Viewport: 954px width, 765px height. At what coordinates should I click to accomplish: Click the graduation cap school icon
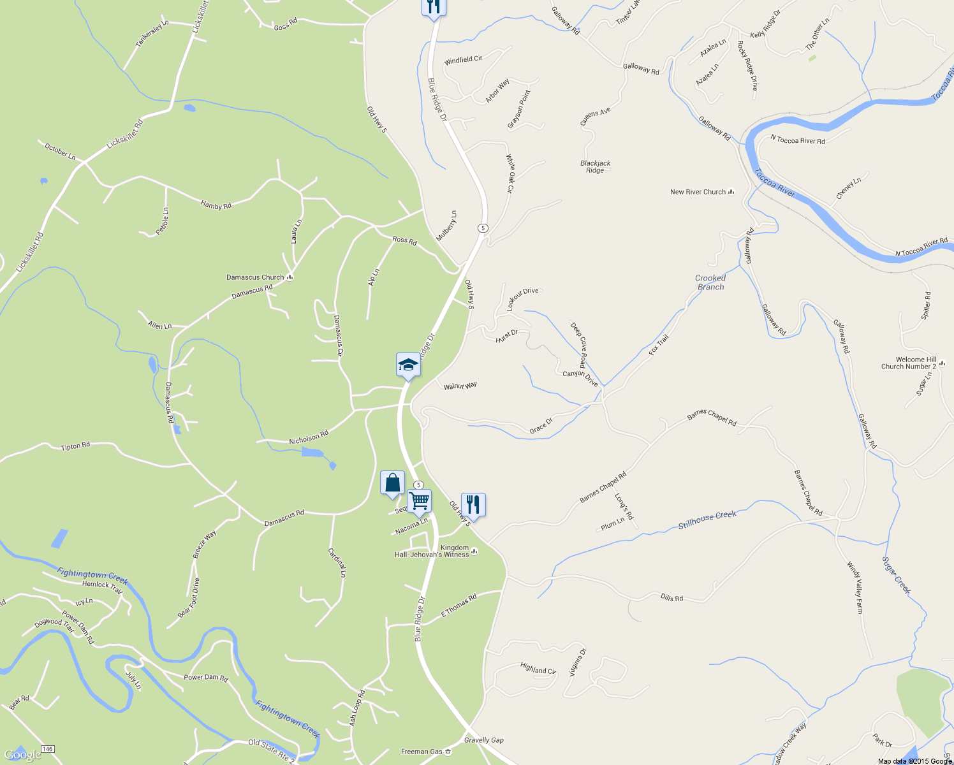(x=408, y=365)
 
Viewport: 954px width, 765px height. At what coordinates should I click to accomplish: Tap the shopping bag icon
(x=392, y=483)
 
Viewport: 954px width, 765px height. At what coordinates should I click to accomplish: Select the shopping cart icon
(x=419, y=501)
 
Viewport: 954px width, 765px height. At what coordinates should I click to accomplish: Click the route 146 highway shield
(x=48, y=748)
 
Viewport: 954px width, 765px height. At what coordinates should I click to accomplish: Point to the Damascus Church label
(x=255, y=277)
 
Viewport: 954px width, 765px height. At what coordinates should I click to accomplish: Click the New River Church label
(x=698, y=192)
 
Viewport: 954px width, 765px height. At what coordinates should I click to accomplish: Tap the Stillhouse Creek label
(x=707, y=520)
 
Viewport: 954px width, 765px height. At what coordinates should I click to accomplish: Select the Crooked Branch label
(x=710, y=282)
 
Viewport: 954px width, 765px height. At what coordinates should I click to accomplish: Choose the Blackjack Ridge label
(x=595, y=167)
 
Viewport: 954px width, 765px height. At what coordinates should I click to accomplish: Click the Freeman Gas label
(x=422, y=752)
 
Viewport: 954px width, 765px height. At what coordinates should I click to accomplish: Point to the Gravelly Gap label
(x=484, y=740)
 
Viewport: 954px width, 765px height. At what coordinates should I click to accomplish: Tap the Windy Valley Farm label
(x=855, y=587)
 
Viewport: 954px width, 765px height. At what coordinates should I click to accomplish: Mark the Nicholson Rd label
(x=309, y=437)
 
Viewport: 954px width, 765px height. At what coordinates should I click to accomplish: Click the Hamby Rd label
(x=216, y=205)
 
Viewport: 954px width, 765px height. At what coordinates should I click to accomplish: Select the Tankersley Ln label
(x=152, y=34)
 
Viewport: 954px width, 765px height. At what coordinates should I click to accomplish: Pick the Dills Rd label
(x=671, y=597)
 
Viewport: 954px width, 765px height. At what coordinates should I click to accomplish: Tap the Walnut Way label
(x=460, y=386)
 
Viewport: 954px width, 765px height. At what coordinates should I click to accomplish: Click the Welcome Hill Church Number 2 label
(x=908, y=363)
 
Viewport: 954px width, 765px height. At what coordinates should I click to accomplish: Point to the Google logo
(x=22, y=755)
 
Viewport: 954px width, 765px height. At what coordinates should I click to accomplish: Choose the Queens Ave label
(x=595, y=117)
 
